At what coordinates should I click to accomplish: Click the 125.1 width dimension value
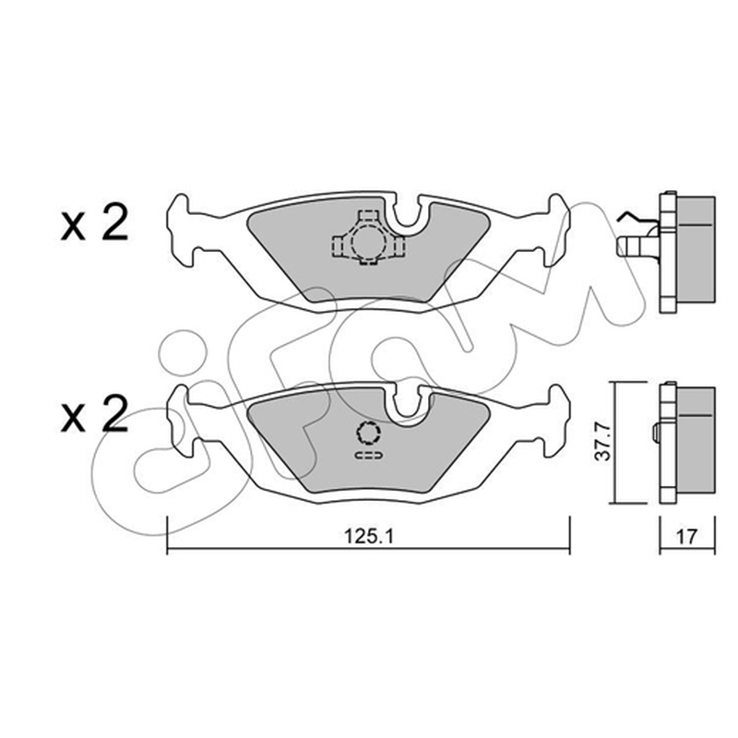coord(369,536)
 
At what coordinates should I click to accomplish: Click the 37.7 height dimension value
coord(604,442)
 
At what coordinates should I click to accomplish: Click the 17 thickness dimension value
coord(686,536)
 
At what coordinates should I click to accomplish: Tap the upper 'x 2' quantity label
coord(95,224)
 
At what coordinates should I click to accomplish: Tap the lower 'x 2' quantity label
coord(95,414)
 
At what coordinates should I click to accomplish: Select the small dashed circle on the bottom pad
coord(368,433)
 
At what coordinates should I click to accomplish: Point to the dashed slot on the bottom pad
coord(368,455)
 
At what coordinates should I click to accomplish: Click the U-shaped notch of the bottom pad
coord(408,405)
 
